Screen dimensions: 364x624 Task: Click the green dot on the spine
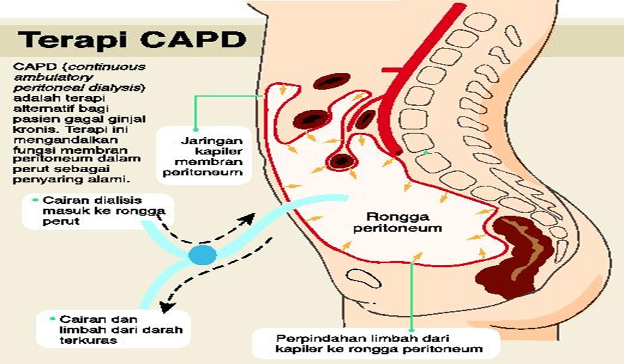[426, 153]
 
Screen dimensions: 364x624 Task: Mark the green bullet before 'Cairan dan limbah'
[52, 318]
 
